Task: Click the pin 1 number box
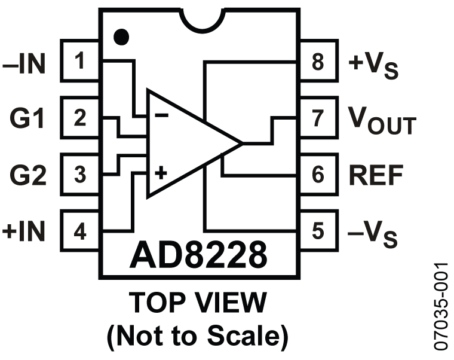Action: pos(80,61)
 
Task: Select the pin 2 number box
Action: pos(80,118)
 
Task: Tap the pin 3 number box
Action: pos(80,175)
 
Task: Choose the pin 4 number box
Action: pos(80,231)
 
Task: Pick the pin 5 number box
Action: pos(318,231)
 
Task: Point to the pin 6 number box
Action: pos(318,175)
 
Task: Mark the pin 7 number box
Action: pos(318,118)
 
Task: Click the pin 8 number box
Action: pos(318,61)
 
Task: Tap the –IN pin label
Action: pos(24,64)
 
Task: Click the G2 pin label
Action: pos(28,175)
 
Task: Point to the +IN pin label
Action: pos(24,231)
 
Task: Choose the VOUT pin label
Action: pos(382,121)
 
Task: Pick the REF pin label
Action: pos(376,175)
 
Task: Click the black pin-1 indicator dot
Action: pos(121,37)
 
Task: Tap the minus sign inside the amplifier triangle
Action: pos(161,115)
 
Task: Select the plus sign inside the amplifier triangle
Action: pos(161,173)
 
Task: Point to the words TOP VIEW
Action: pos(198,302)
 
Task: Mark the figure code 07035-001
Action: pos(441,306)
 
